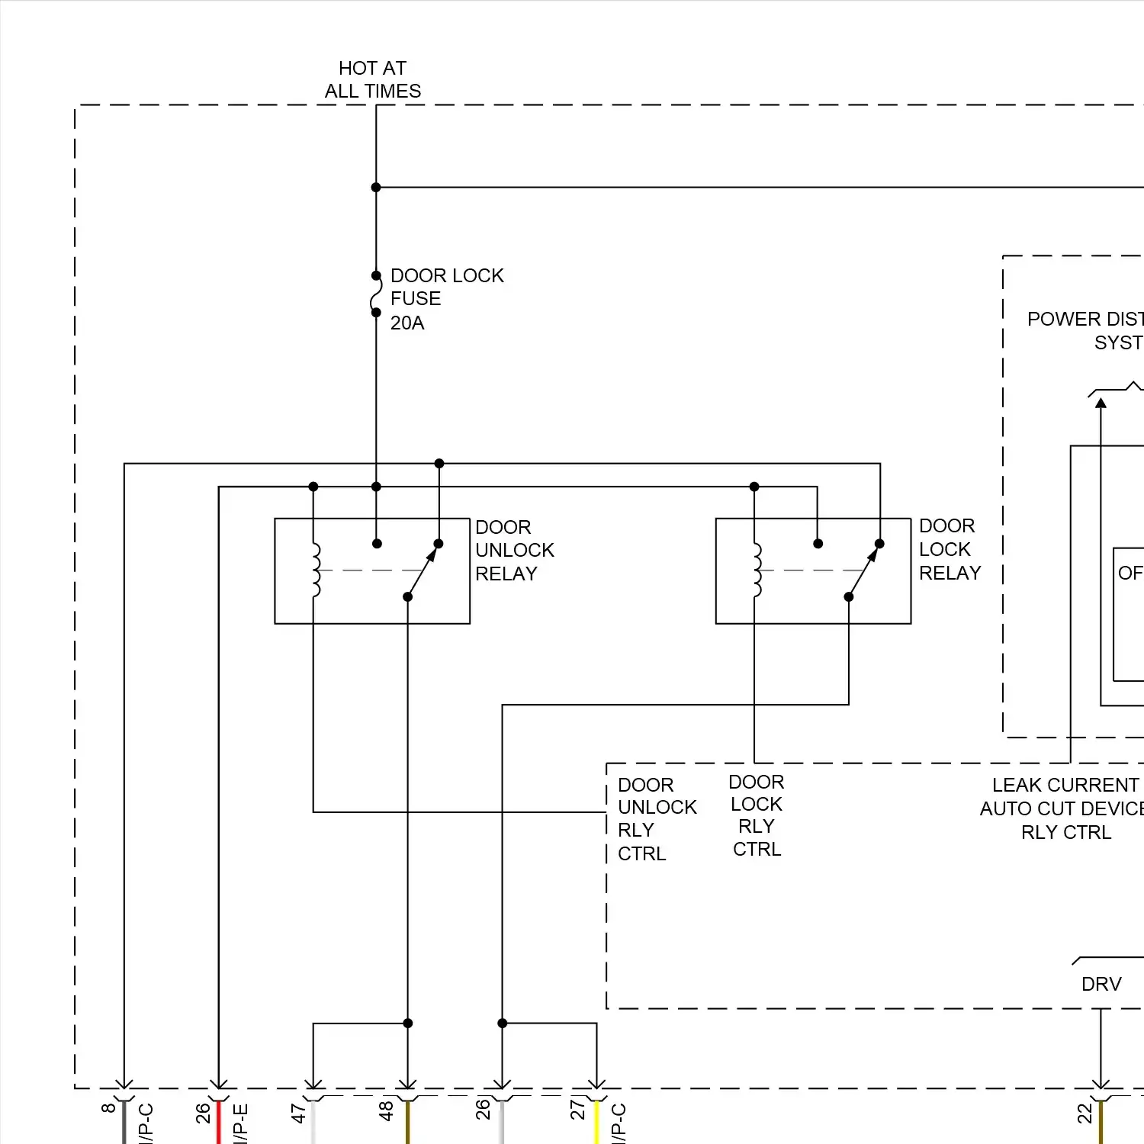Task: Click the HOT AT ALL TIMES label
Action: click(x=372, y=80)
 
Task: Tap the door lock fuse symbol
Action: click(x=376, y=294)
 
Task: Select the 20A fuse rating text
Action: click(x=407, y=323)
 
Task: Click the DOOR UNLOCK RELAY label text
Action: click(x=513, y=551)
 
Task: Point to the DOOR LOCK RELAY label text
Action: click(x=949, y=550)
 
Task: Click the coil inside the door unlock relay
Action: click(x=315, y=570)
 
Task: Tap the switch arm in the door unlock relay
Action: click(x=422, y=571)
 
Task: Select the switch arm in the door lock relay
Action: click(x=863, y=571)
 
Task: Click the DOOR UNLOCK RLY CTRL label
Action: click(x=656, y=819)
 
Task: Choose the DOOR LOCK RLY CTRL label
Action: click(x=756, y=815)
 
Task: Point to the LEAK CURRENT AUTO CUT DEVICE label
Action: click(x=1065, y=808)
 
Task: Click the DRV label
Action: click(x=1101, y=985)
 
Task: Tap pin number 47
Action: click(x=299, y=1113)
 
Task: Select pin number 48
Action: click(x=387, y=1111)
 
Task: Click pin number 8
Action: click(x=108, y=1107)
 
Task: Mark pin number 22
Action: click(x=1085, y=1114)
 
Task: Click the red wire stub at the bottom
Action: click(x=219, y=1123)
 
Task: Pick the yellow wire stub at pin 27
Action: click(x=596, y=1123)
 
